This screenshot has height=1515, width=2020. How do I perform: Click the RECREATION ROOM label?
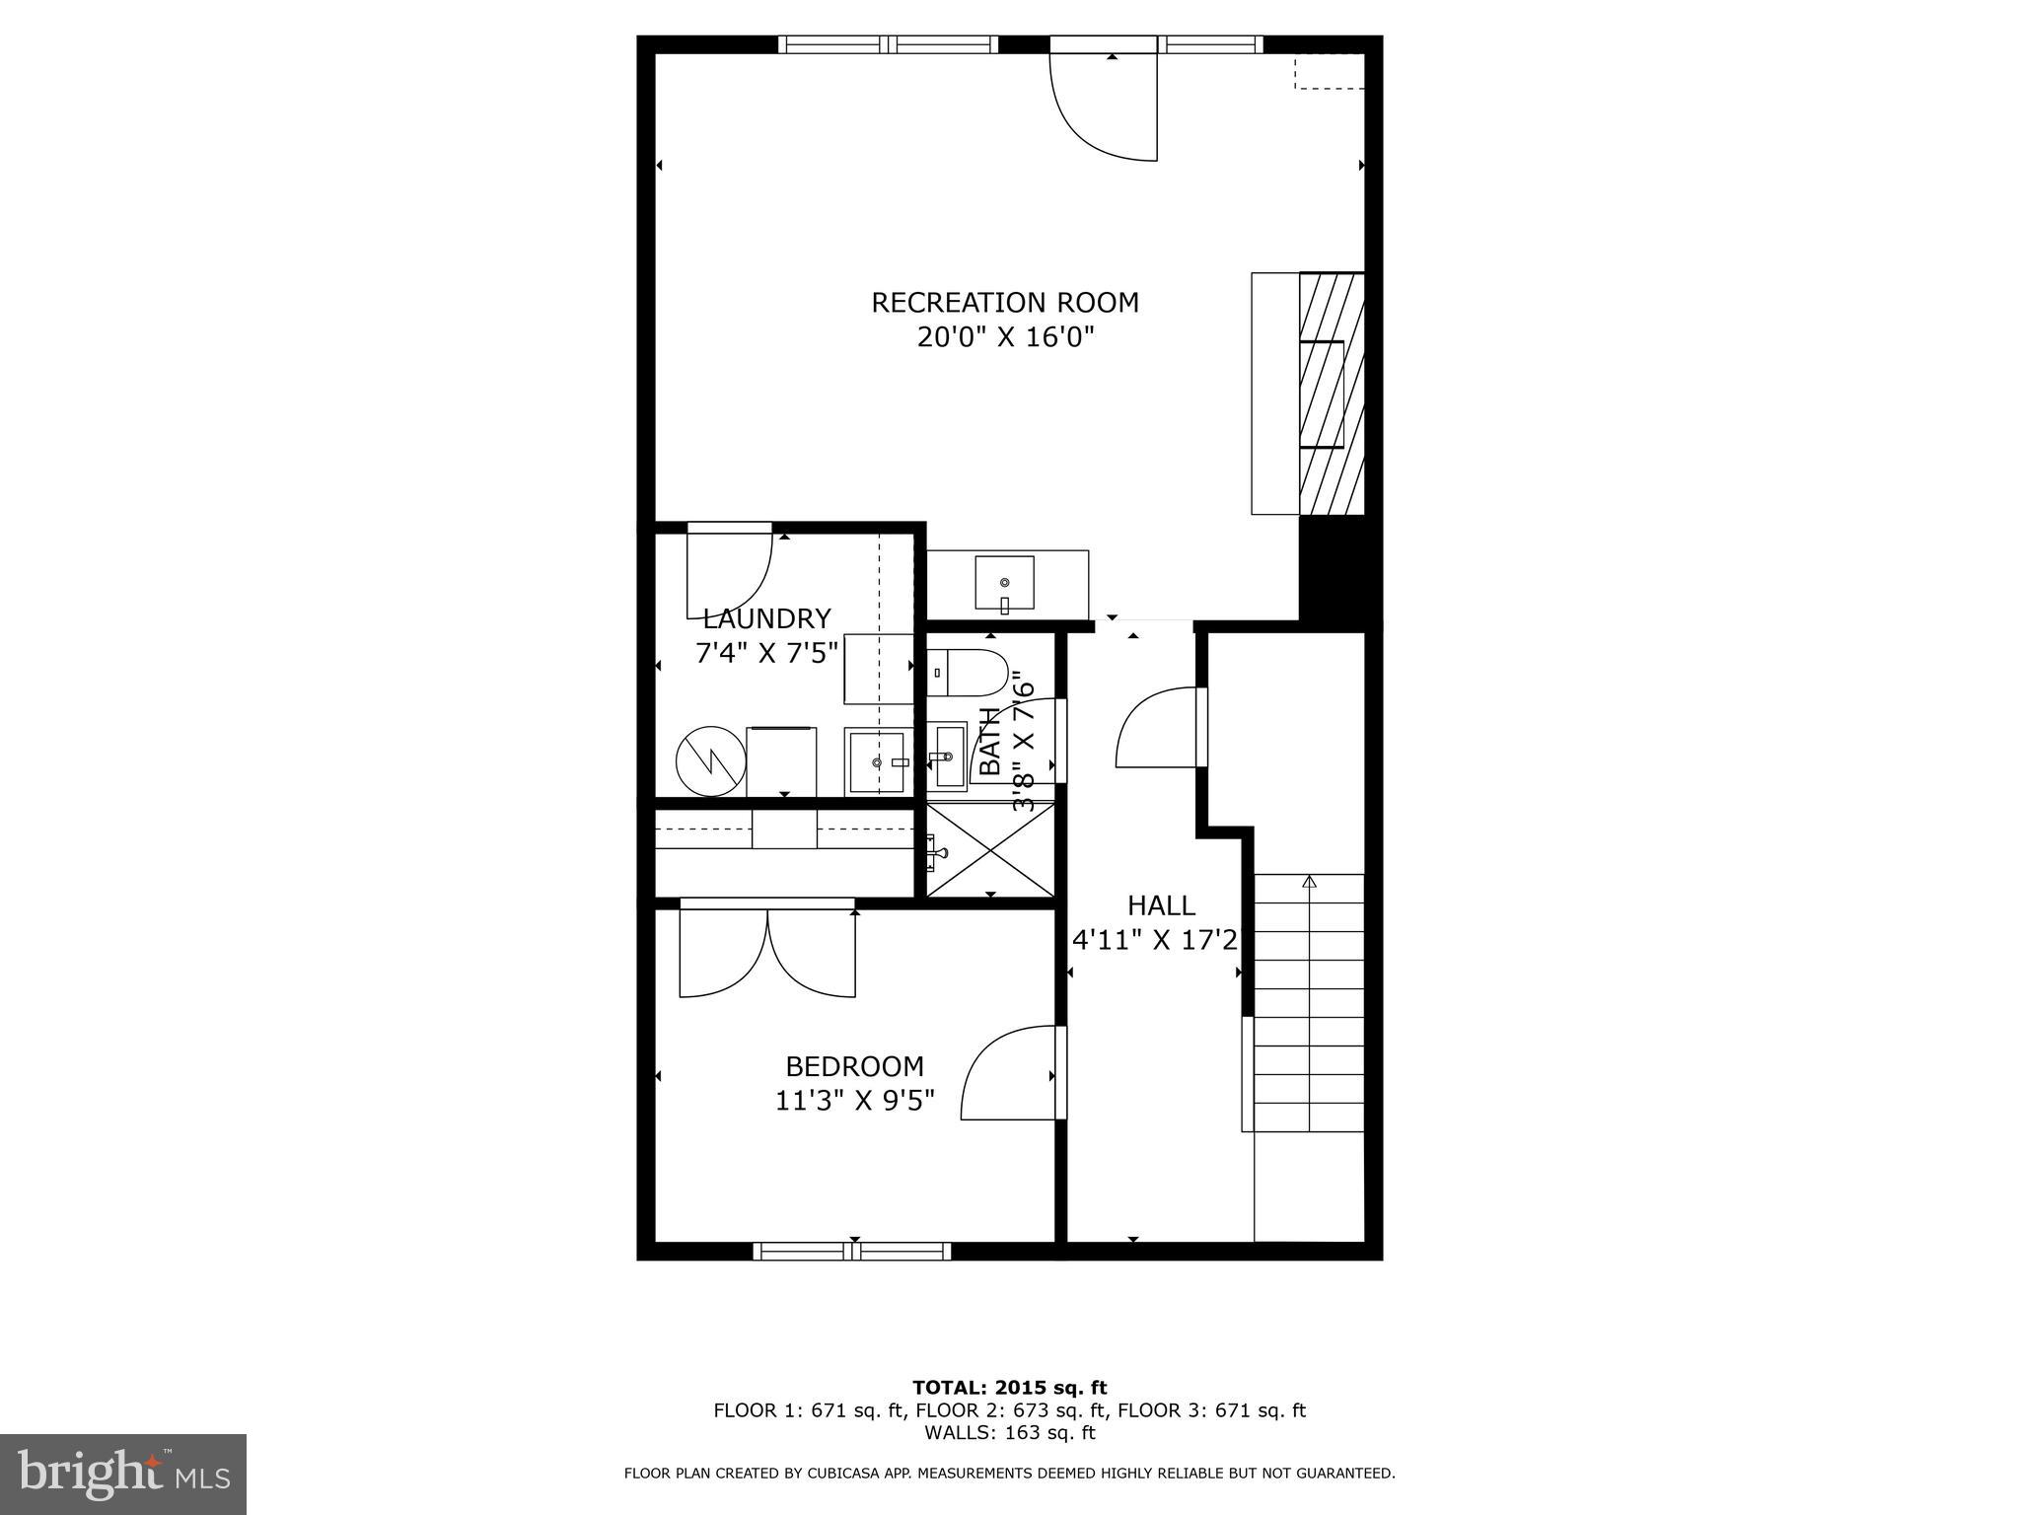pos(1004,303)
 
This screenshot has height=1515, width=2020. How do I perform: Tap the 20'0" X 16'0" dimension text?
pos(1004,338)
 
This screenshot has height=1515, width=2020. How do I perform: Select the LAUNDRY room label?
pos(766,619)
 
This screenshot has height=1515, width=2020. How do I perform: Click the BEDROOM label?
pos(854,1066)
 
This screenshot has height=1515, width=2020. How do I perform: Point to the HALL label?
pos(1161,905)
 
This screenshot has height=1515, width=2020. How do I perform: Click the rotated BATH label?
pos(990,742)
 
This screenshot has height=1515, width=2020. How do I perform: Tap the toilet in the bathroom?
pos(969,673)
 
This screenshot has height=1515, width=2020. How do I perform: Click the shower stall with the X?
pos(991,849)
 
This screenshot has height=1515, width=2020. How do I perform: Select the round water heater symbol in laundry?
pos(709,760)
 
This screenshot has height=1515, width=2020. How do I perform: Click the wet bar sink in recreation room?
pos(1004,583)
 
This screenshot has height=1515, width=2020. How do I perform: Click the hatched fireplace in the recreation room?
pos(1331,394)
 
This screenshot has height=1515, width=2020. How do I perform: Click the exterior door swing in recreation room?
pos(1105,107)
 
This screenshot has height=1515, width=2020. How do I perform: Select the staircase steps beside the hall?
pos(1308,1001)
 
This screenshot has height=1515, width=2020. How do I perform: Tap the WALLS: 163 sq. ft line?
pos(1009,1433)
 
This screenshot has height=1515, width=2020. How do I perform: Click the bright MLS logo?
pos(123,1474)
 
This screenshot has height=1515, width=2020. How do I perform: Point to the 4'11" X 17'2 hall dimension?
pos(1154,941)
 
